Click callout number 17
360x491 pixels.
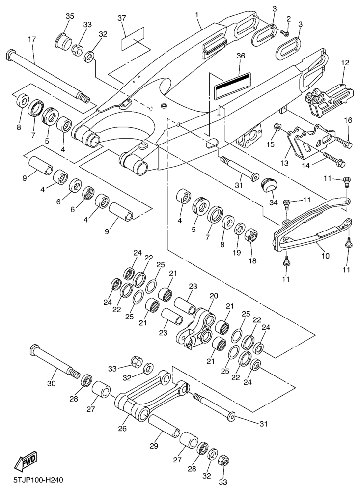point(32,39)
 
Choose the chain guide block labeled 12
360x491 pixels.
point(324,96)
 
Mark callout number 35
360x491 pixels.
point(70,16)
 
